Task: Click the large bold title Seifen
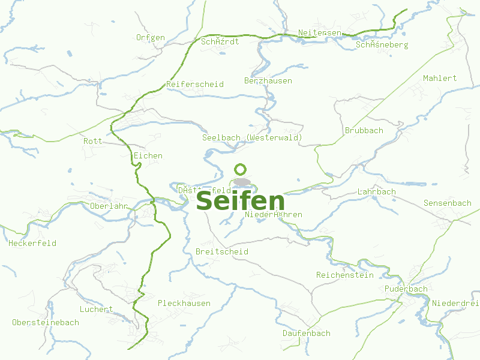[240, 201]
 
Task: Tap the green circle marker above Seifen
[241, 169]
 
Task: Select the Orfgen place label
[150, 37]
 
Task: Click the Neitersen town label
[320, 32]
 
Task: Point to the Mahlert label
[440, 78]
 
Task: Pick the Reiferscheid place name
[195, 84]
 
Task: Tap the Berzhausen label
[268, 80]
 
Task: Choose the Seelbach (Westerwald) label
[252, 137]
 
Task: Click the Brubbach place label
[364, 130]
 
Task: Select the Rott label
[93, 141]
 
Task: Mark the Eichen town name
[148, 155]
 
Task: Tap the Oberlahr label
[109, 206]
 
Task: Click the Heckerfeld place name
[32, 243]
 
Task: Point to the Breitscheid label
[222, 251]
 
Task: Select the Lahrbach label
[377, 191]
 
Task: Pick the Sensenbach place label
[448, 203]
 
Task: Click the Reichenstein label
[345, 275]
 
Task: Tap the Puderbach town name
[407, 289]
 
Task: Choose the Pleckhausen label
[184, 303]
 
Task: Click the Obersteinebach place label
[46, 322]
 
